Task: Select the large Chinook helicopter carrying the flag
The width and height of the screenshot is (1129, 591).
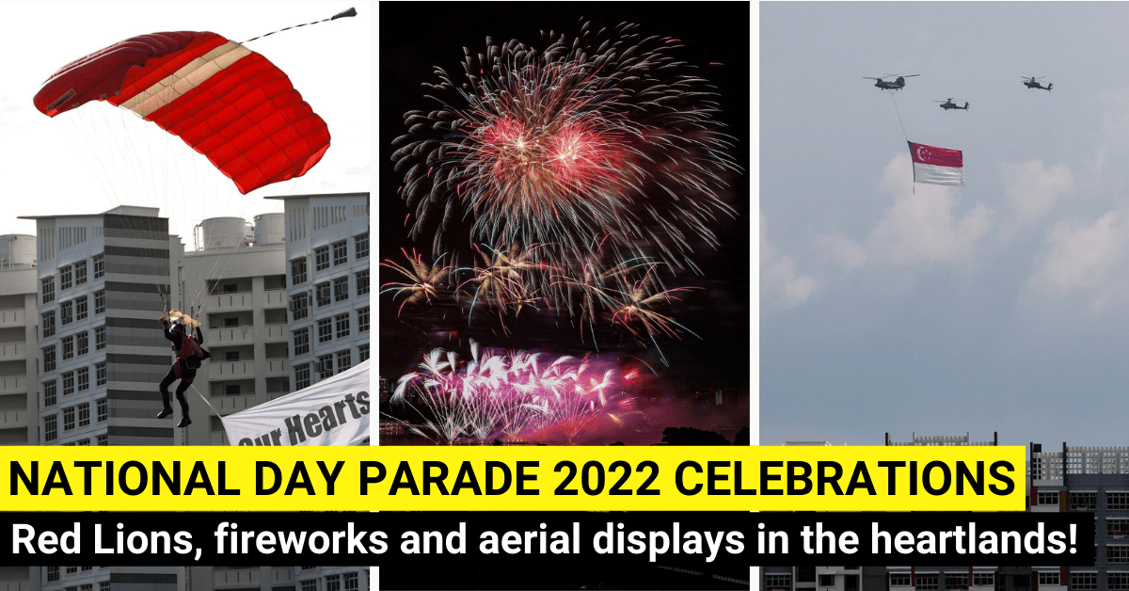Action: click(x=889, y=82)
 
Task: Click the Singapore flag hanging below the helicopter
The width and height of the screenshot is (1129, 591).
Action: click(x=935, y=163)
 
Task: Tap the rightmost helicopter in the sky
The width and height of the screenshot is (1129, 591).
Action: click(x=1037, y=83)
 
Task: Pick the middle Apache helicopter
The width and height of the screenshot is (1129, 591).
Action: click(x=952, y=104)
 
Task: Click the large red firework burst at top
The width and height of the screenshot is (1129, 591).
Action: click(x=546, y=141)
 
